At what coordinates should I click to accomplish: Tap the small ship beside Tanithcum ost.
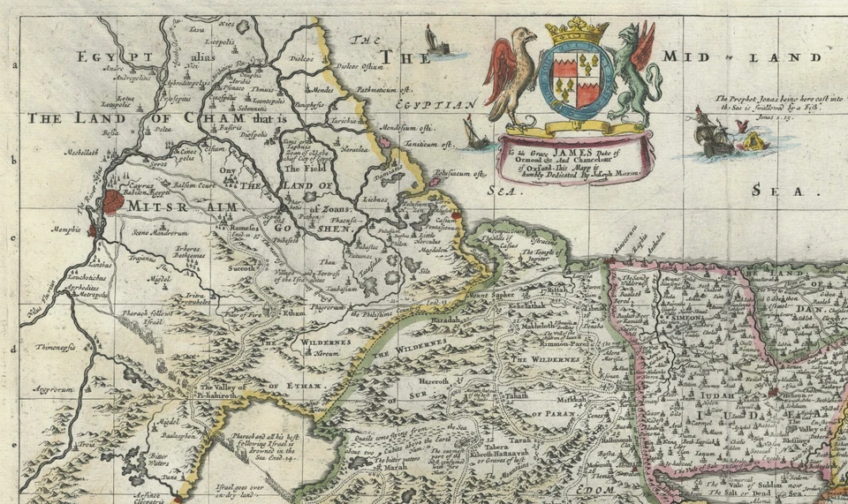tap(472, 134)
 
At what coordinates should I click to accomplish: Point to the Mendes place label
tap(323, 89)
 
